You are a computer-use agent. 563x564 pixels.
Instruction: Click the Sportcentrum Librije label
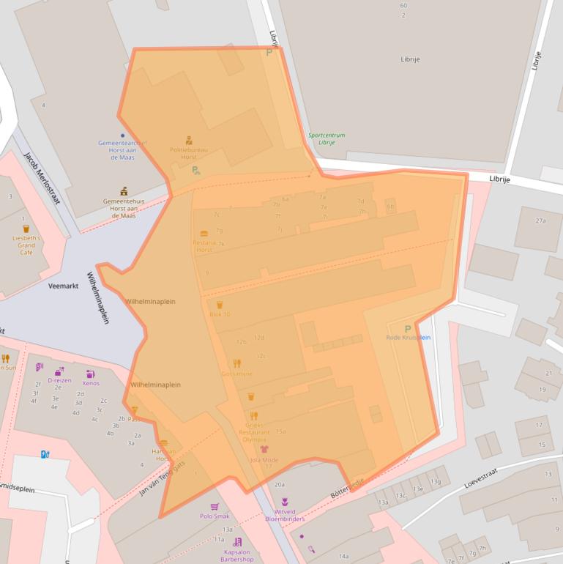point(327,138)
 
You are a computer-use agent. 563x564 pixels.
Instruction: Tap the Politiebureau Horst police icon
point(189,139)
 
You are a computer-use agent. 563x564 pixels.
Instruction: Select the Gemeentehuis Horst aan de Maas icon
point(124,191)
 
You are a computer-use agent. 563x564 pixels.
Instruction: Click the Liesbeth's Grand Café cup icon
point(26,229)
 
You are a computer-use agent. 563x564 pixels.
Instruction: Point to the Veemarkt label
point(63,286)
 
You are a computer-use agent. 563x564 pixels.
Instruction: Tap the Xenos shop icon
point(91,374)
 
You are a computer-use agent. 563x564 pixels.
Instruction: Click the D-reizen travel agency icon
point(59,371)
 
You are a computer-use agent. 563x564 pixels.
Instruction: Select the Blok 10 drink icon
point(220,305)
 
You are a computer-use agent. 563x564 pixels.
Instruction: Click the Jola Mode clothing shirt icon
point(264,450)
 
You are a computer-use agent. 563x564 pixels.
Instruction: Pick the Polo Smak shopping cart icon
point(215,506)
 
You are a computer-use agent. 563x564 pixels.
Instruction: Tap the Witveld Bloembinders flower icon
point(285,502)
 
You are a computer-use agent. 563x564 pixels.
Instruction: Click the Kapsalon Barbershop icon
point(237,542)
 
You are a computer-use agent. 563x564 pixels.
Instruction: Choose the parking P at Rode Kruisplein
point(408,328)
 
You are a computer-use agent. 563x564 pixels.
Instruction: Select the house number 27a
point(541,220)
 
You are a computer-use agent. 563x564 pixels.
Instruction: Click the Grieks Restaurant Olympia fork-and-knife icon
point(254,416)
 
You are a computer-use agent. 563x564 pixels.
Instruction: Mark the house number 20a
point(279,484)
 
